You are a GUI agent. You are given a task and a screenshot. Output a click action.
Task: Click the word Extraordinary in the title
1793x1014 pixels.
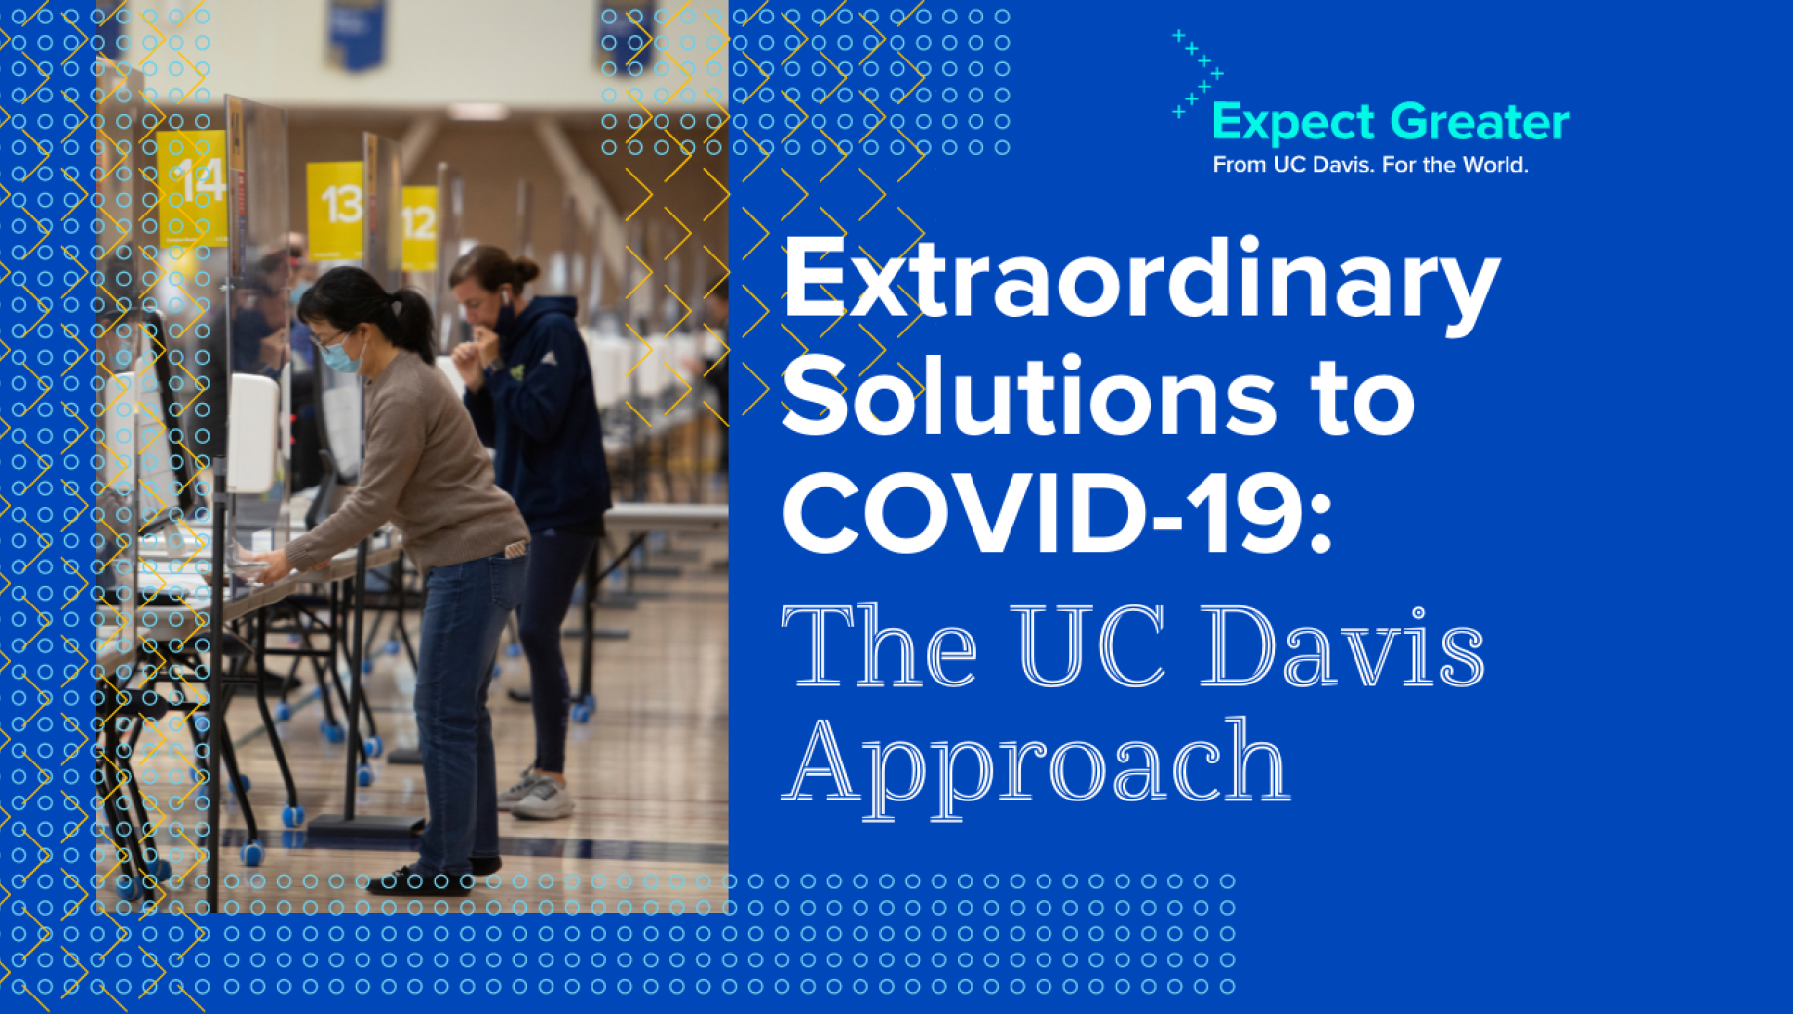[1141, 284]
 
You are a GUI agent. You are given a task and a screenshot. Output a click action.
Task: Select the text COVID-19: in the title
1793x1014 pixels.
[1057, 513]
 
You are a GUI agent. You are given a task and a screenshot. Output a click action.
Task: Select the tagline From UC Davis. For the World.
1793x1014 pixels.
[1370, 165]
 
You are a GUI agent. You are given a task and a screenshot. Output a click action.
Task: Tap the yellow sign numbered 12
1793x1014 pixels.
[419, 228]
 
